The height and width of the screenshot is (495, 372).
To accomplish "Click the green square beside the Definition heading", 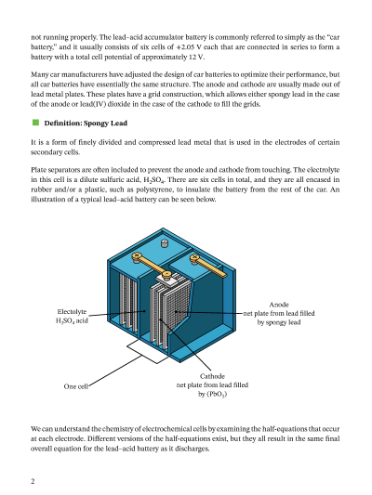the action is coord(35,123).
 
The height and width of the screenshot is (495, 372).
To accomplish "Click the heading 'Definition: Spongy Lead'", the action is coord(86,124).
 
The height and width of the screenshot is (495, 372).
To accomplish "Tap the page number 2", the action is coord(33,481).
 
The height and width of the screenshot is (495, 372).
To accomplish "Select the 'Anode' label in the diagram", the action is coord(279,305).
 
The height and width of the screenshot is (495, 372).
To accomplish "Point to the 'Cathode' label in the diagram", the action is coord(212,376).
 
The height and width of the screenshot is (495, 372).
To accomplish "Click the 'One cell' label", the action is coord(76,386).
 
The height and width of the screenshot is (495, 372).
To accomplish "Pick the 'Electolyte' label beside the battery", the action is coord(72,312).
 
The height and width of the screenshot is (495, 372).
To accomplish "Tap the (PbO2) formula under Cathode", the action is coord(217,395).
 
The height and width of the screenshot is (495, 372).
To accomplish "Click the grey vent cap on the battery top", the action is coord(165,243).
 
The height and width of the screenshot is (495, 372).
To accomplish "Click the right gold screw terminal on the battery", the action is coord(194,259).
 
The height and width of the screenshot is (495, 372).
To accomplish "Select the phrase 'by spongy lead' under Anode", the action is coord(279,322).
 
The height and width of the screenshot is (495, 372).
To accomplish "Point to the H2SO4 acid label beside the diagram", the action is coord(72,320).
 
